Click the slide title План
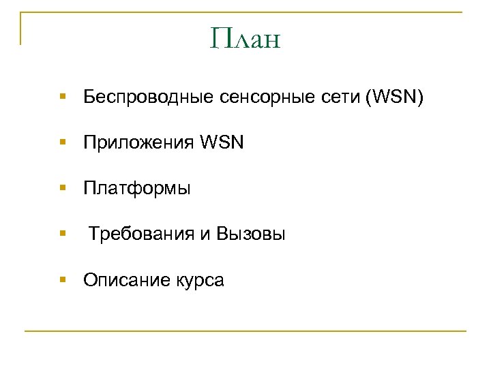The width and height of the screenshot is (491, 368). click(x=245, y=39)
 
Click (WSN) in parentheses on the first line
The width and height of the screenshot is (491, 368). click(x=394, y=99)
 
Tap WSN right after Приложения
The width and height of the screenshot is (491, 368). click(x=222, y=144)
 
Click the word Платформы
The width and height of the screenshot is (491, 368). click(x=137, y=189)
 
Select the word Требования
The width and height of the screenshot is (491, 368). click(x=141, y=234)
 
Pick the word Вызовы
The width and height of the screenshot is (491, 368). click(x=251, y=234)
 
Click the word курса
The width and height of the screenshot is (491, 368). click(x=198, y=280)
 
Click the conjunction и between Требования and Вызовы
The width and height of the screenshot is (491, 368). click(x=205, y=235)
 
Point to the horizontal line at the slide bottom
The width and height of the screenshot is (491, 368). click(x=245, y=331)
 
